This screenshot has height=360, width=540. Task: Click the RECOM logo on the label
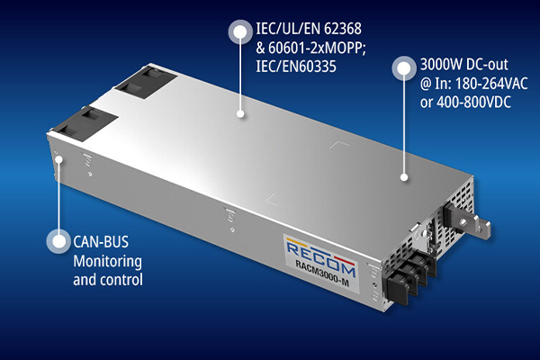click(x=320, y=256)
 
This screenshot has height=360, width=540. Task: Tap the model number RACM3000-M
click(x=322, y=274)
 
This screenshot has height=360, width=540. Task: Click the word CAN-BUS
click(x=101, y=242)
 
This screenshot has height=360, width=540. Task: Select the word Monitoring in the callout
click(x=107, y=262)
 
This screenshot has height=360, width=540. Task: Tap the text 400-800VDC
click(x=473, y=103)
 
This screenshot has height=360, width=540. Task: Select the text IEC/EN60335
click(x=296, y=67)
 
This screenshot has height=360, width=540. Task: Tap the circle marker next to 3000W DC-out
click(x=404, y=68)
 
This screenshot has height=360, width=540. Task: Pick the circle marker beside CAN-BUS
click(x=58, y=241)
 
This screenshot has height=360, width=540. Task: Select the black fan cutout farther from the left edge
click(x=147, y=83)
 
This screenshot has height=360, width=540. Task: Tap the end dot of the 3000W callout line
click(x=404, y=177)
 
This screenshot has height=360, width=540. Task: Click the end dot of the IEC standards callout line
click(x=240, y=113)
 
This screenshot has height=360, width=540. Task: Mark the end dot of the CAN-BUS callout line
click(x=59, y=159)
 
